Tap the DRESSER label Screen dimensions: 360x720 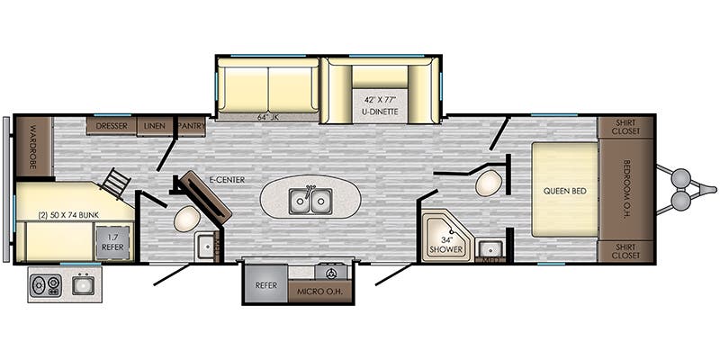pos(112,126)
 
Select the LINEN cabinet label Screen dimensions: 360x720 pos(154,126)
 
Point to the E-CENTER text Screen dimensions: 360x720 pos(226,179)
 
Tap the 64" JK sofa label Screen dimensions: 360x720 pos(269,114)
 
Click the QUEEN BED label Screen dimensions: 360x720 pos(564,190)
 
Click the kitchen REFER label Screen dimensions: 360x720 pos(265,285)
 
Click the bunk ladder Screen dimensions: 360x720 pos(116,184)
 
